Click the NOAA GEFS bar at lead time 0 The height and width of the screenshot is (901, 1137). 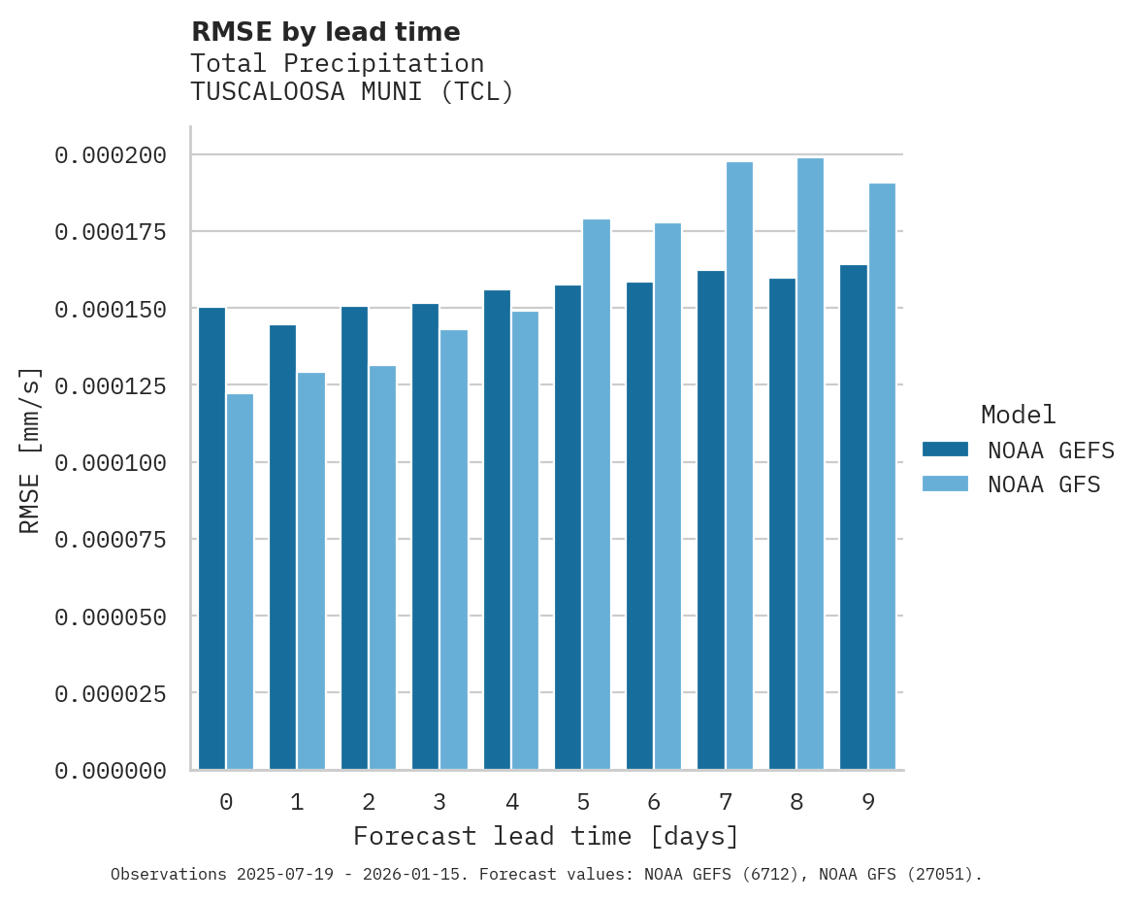coord(211,539)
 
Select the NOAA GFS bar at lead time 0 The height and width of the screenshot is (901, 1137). coord(240,582)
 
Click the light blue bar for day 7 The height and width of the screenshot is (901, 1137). coord(739,466)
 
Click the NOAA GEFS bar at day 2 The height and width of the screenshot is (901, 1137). coord(354,538)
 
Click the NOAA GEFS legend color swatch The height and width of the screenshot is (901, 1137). coord(945,450)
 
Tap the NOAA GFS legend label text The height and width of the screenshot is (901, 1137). coord(1044,484)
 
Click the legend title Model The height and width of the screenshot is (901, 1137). coord(1018,416)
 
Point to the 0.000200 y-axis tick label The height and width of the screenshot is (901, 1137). coord(111,155)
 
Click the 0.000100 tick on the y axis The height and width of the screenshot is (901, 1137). coord(111,463)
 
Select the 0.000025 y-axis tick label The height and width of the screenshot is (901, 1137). coord(111,694)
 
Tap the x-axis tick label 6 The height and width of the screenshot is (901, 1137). coord(654,802)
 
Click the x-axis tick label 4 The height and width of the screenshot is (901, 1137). coord(511,802)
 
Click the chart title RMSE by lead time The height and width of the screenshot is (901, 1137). coord(325,32)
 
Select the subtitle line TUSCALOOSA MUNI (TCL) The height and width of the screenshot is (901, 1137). coord(351,92)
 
